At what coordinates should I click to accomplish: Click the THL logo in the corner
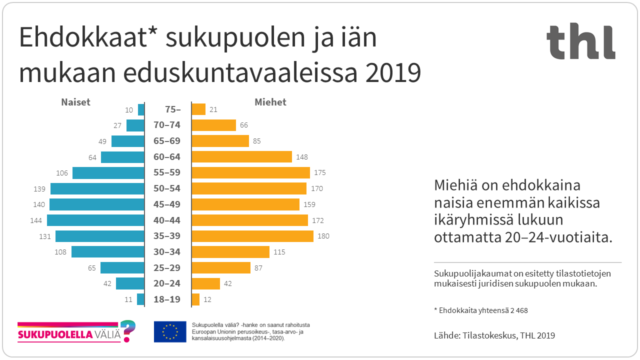[580, 42]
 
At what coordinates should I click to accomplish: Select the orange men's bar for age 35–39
[252, 236]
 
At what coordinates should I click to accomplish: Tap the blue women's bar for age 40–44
[95, 220]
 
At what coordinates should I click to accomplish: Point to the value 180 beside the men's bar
[323, 236]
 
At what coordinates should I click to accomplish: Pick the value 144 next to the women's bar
[36, 220]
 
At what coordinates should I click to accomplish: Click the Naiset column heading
[75, 102]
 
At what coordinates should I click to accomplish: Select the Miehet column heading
[270, 102]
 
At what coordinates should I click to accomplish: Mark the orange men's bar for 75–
[198, 109]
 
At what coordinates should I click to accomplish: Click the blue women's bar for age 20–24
[130, 283]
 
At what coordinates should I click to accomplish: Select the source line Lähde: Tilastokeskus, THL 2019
[494, 335]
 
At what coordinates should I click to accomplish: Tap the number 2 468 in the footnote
[519, 310]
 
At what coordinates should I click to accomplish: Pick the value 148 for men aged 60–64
[302, 157]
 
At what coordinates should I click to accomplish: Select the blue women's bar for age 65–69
[127, 141]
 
